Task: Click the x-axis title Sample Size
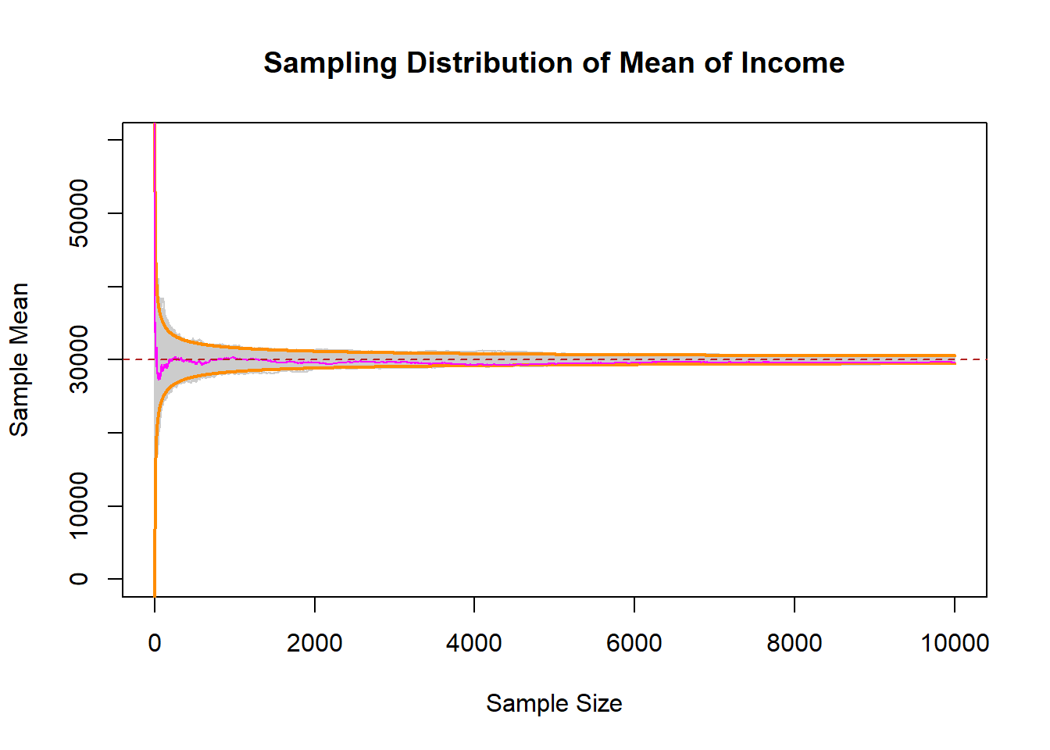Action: (x=554, y=703)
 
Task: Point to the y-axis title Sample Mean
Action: (x=19, y=359)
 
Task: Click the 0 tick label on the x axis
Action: (x=155, y=643)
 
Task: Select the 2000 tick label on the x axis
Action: (x=315, y=643)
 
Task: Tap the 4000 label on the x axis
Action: (x=474, y=643)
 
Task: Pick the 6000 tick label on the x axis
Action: (x=634, y=643)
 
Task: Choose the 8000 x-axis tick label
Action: (x=795, y=643)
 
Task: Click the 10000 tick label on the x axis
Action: (x=955, y=643)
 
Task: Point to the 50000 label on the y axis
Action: (x=79, y=213)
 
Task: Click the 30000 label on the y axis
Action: (x=79, y=359)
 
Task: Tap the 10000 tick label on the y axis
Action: (x=79, y=505)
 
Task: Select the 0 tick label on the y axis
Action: (x=79, y=579)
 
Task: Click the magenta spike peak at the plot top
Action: (x=155, y=126)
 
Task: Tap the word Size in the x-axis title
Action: (x=598, y=703)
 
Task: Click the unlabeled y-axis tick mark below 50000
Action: (x=116, y=287)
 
